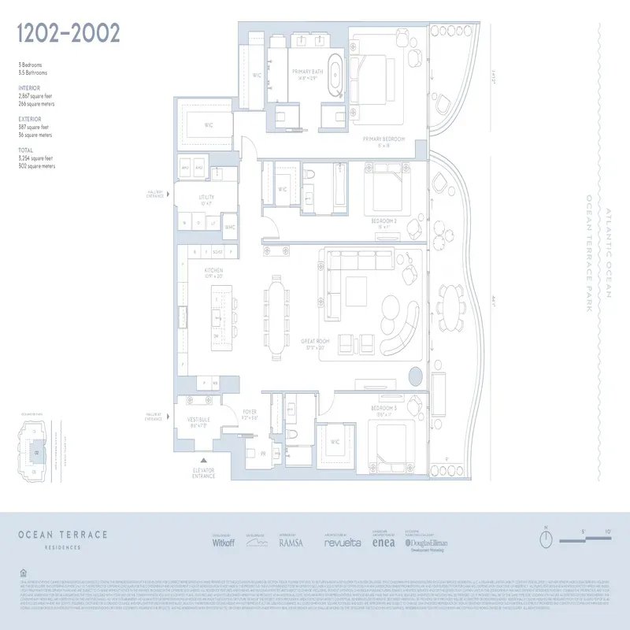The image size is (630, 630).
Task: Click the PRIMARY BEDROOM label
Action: coord(384,139)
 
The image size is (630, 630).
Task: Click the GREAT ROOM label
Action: coord(314,343)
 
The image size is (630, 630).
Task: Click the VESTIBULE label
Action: coord(198,421)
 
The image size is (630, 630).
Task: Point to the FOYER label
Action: coord(250,410)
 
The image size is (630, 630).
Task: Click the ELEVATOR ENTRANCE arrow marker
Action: coord(204,460)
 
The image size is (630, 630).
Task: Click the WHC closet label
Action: coord(230,227)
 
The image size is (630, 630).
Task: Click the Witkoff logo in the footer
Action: coord(224,543)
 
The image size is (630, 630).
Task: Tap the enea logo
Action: coord(383,543)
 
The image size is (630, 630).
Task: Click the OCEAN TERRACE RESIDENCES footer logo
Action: coord(64,538)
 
